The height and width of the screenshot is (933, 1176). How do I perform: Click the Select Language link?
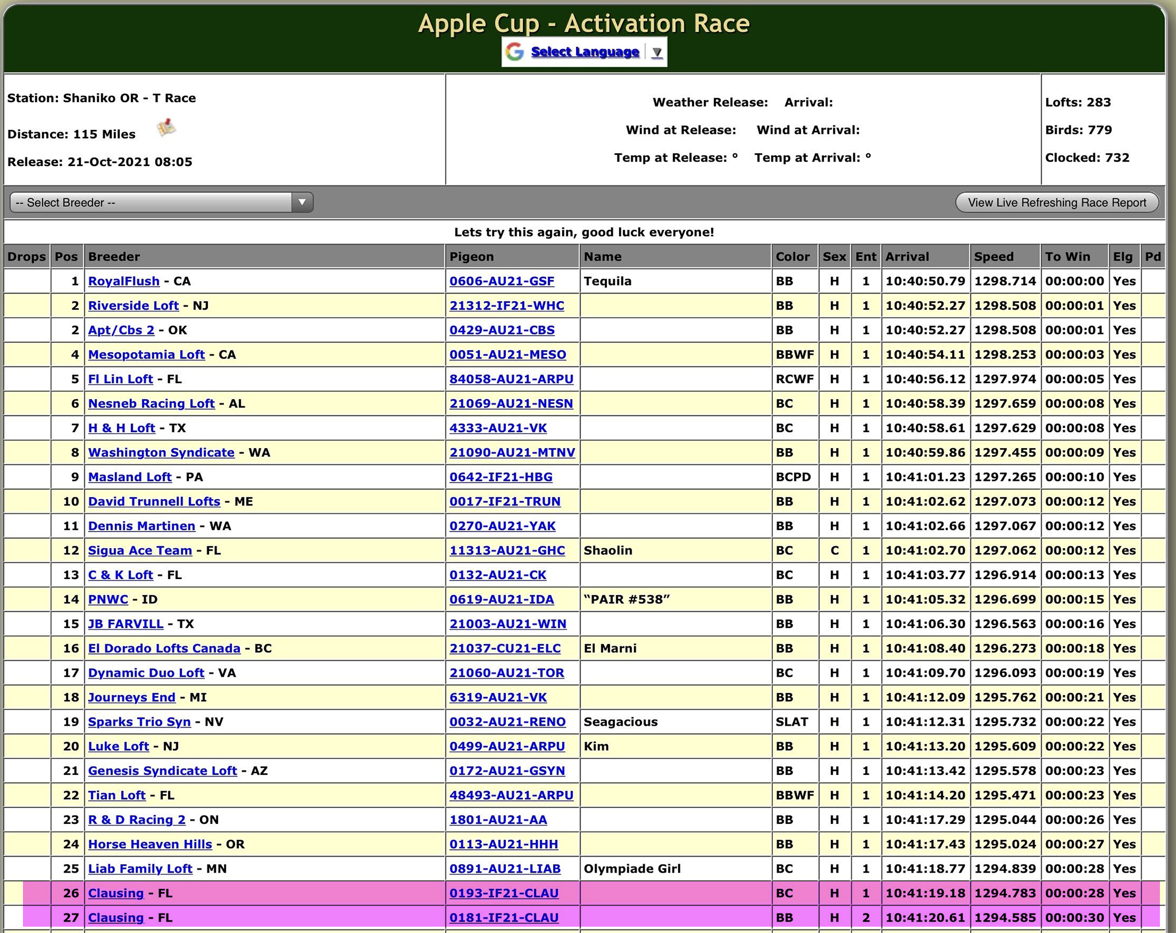coord(585,52)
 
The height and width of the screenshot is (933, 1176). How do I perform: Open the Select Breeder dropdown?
coord(161,202)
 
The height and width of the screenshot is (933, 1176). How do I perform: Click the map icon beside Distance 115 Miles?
coord(167,127)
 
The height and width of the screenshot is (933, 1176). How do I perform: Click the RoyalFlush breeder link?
coord(123,281)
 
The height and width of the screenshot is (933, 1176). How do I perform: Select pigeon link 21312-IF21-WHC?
coord(506,306)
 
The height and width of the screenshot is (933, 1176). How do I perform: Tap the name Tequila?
coord(608,281)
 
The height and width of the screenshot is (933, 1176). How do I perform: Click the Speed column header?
coord(994,256)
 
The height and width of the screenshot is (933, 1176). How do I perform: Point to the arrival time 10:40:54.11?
coord(925,354)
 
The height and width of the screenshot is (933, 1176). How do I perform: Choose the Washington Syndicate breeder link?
coord(161,452)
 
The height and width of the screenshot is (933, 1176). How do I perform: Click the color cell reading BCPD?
coord(793,477)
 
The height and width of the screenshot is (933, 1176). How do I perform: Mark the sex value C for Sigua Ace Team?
coord(834,550)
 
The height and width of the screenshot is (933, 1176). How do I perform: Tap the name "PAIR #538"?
coord(626,599)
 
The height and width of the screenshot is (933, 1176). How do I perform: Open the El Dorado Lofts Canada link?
coord(164,648)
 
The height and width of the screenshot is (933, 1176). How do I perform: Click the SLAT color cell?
coord(792,722)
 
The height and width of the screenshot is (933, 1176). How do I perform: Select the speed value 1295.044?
coord(1005,820)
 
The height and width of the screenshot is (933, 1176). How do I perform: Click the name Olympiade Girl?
coord(632,869)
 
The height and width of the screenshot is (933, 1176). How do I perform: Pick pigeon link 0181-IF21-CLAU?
coord(504,917)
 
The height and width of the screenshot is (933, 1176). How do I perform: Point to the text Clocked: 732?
coord(1087,157)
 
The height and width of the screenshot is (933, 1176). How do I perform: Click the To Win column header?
coord(1067,256)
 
